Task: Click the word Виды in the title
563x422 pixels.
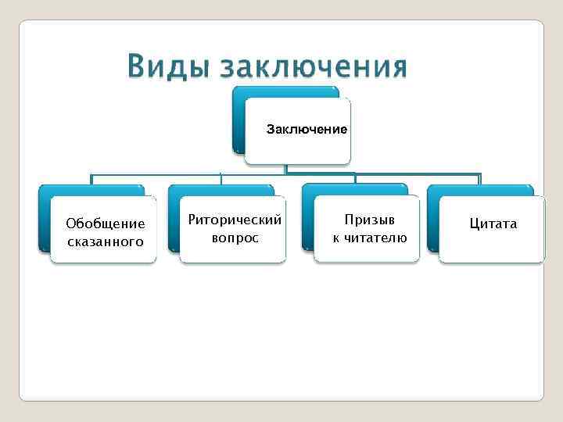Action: pos(167,67)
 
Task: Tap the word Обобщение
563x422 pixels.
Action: pos(106,224)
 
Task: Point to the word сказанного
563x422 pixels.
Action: pos(106,241)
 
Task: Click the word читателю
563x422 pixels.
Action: pos(374,238)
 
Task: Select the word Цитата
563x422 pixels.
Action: pos(493,224)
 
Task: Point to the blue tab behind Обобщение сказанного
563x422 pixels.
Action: pos(90,190)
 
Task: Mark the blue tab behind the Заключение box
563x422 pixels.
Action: pos(285,91)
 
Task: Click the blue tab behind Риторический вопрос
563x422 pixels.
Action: pos(220,190)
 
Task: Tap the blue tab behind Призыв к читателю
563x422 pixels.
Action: pos(353,190)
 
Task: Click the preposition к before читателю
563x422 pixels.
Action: pos(335,238)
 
